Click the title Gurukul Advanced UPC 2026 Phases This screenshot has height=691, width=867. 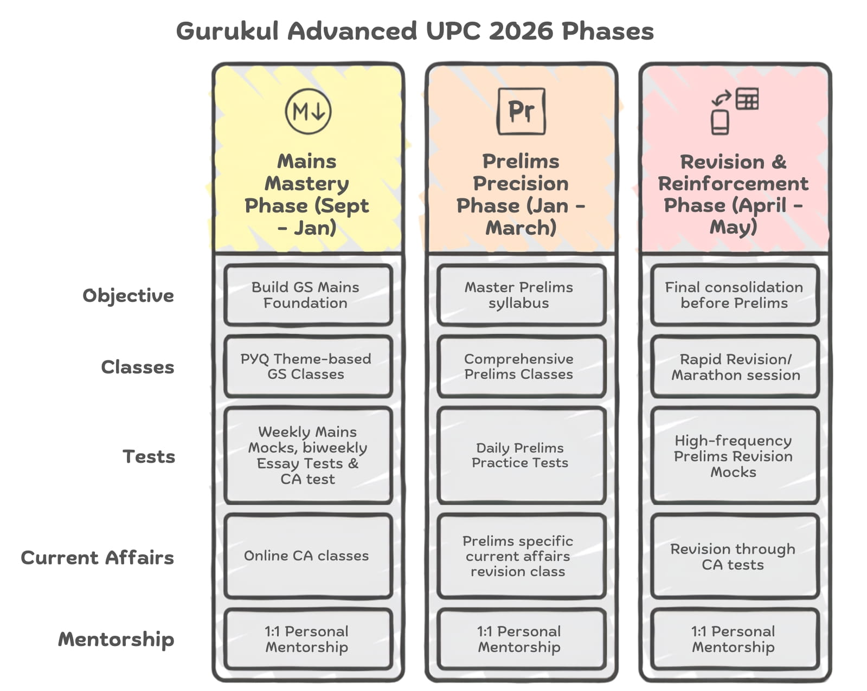click(415, 31)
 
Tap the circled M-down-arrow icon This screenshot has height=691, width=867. click(308, 111)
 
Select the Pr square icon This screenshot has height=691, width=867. click(522, 111)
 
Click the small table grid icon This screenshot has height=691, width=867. click(747, 99)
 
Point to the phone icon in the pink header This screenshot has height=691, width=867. click(720, 122)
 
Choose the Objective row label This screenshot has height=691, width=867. click(128, 296)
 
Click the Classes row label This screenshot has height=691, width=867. click(137, 367)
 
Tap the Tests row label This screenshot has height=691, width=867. click(149, 457)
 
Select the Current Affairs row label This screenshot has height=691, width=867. click(98, 558)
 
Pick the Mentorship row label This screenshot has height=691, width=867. click(116, 640)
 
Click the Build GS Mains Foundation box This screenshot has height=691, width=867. click(308, 295)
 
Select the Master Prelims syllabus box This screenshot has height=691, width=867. click(522, 295)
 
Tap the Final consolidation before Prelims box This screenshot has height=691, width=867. click(735, 295)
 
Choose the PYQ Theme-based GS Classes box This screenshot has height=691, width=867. click(308, 366)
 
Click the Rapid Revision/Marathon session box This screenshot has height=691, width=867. click(735, 366)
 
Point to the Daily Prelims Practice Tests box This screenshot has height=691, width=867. click(522, 455)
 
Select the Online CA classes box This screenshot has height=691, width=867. click(308, 556)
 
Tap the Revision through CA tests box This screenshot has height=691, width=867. click(735, 556)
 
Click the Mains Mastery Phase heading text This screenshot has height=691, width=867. click(306, 195)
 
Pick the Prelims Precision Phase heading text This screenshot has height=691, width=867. click(521, 195)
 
